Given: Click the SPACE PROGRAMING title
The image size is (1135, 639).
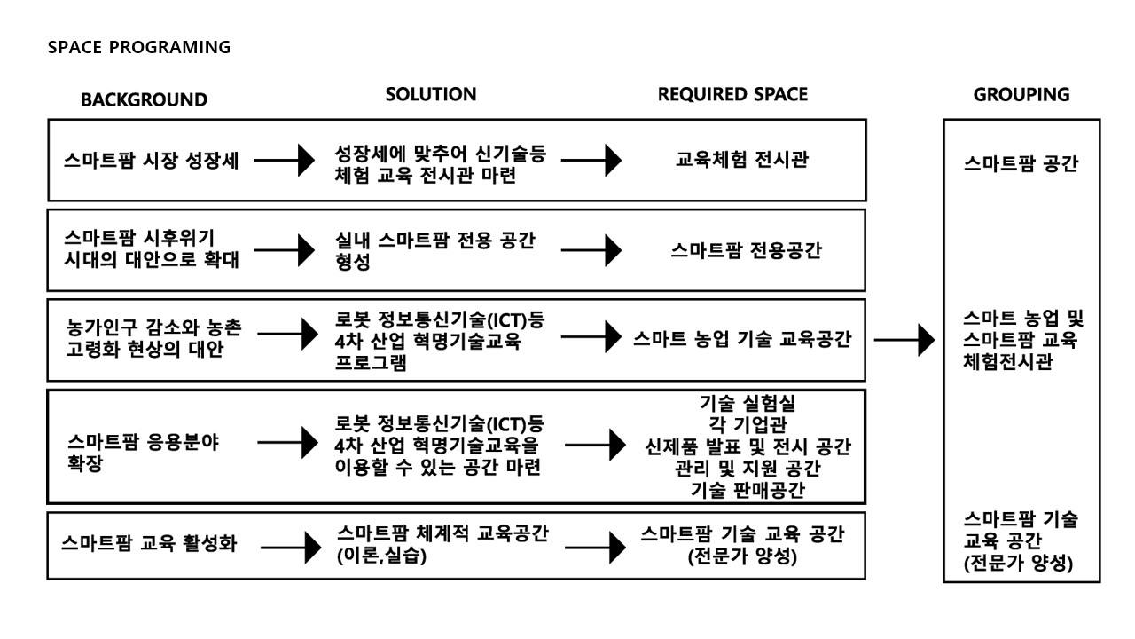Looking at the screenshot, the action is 139,47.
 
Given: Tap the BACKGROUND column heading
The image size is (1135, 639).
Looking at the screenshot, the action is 144,99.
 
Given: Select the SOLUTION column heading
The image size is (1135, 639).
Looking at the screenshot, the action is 431,94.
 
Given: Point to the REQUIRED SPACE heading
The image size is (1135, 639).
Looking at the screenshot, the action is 732,94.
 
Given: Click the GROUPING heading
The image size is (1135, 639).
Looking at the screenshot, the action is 1021,95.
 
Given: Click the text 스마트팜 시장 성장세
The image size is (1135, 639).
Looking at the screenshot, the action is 151,161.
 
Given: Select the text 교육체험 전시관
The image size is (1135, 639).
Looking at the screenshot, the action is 742,159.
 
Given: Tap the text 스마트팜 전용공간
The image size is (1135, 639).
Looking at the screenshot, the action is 746,250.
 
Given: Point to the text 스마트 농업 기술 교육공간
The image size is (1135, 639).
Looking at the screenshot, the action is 742,338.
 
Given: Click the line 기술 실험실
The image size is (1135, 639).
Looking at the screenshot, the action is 748,403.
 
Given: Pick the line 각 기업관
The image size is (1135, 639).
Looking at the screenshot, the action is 748,424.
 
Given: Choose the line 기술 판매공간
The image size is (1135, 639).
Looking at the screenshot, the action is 748,490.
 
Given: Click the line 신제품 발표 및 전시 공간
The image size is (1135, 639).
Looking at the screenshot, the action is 748,446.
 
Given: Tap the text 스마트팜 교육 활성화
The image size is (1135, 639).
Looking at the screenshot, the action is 149,543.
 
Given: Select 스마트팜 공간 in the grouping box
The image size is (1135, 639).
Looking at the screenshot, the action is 1021,163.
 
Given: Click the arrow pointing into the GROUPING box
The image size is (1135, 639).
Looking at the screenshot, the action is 904,340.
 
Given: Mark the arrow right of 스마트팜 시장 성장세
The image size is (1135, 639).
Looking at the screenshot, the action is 285,161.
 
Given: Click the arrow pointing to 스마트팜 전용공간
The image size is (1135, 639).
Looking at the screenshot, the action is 591,250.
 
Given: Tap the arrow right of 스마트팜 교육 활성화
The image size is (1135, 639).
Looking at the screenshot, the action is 291,548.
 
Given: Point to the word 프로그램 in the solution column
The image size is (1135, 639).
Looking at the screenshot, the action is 371,363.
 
